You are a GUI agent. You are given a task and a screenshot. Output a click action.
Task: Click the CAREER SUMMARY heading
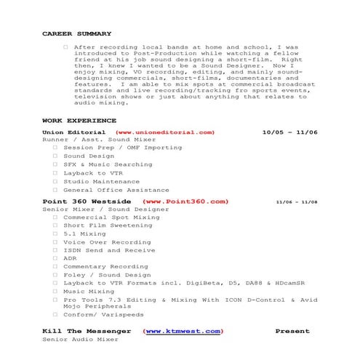(76, 33)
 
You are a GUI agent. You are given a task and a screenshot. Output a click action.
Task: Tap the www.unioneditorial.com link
(165, 132)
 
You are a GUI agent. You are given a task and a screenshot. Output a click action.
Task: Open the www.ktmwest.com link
(183, 331)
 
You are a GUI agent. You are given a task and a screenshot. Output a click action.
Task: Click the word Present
(292, 331)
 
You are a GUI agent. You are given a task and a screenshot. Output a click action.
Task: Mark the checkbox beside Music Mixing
(55, 291)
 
